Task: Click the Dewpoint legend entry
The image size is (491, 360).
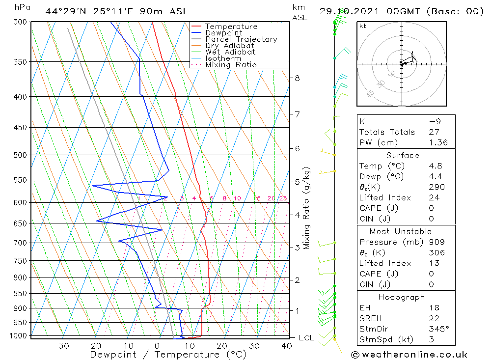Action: pos(223,33)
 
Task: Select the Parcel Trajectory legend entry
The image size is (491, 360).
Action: pos(241,39)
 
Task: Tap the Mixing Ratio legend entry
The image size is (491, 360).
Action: pos(231,64)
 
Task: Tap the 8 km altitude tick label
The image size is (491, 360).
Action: pos(297,78)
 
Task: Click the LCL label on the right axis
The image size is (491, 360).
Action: pos(306,338)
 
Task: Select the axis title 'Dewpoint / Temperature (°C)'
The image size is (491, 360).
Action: pos(168,354)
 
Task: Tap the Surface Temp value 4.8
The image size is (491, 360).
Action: pos(435,166)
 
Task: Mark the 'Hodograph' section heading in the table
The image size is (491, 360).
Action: pos(402,297)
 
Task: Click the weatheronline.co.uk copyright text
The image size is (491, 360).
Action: pos(409,355)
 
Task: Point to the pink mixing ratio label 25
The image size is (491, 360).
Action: pos(283,198)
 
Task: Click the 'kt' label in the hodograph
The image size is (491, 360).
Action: pos(363,27)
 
